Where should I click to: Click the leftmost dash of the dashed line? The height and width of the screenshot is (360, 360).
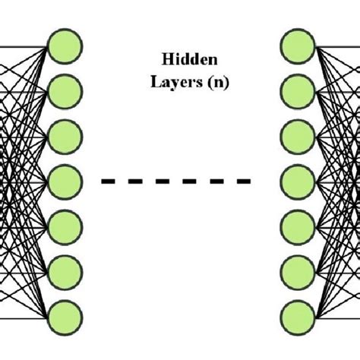(109, 181)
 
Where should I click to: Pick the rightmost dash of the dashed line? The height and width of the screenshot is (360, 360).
(243, 181)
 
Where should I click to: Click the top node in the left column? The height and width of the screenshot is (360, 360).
(65, 45)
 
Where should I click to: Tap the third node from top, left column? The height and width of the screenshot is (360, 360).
(65, 137)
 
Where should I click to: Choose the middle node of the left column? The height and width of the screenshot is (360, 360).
(65, 181)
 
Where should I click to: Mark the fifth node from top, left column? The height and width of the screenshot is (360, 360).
(65, 226)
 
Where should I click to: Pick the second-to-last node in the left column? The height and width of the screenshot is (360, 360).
(65, 270)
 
